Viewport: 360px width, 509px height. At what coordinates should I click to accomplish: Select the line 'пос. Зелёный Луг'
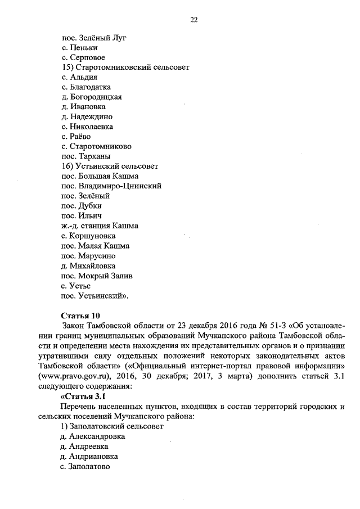coord(94,38)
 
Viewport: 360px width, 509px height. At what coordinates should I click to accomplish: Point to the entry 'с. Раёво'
coord(76,136)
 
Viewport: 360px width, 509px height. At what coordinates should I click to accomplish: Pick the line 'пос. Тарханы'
coord(85,156)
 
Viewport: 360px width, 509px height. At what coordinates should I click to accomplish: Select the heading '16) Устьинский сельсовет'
coord(110,166)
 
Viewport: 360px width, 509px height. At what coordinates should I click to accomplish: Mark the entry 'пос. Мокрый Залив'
coord(97,275)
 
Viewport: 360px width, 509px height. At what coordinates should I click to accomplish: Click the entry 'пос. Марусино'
coord(88,255)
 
